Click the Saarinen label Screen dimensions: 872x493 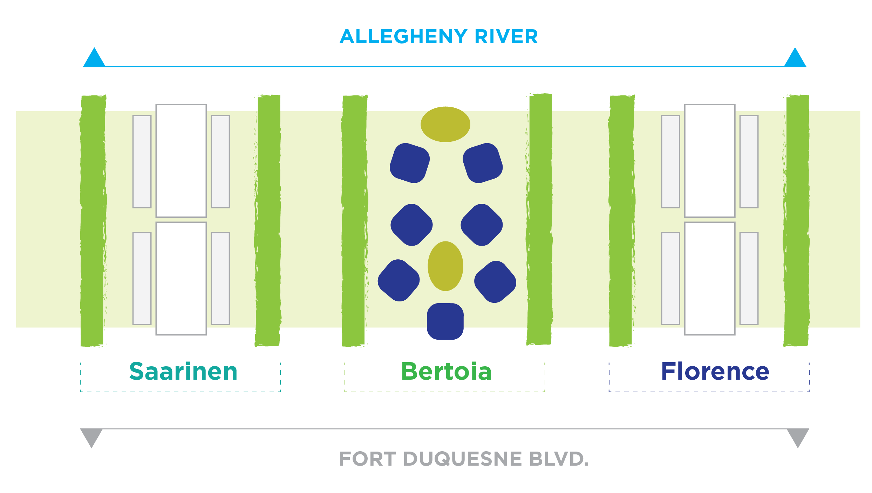183,371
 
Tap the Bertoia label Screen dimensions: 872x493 446,371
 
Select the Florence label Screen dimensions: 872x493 715,371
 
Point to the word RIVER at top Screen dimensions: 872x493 506,36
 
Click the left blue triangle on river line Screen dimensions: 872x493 94,57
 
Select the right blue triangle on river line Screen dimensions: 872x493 795,57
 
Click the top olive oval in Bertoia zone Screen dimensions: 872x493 445,124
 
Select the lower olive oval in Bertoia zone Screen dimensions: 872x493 445,266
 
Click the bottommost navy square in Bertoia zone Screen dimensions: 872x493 445,321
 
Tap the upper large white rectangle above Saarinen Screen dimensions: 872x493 181,161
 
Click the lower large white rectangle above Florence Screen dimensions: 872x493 710,279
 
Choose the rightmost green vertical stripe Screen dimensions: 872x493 797,220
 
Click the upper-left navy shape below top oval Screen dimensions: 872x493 410,163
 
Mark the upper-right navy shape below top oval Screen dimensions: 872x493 483,163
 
